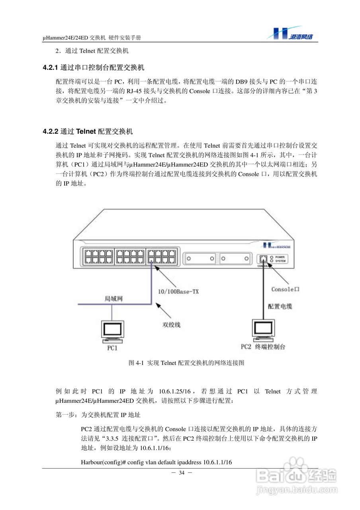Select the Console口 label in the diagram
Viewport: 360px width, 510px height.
(x=285, y=289)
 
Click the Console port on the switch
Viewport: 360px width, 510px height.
(x=263, y=258)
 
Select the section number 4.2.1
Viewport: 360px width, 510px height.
(x=51, y=68)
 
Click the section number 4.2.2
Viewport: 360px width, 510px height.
(x=51, y=131)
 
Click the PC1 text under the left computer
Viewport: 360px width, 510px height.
(x=112, y=348)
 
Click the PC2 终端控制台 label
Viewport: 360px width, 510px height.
(x=263, y=347)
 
